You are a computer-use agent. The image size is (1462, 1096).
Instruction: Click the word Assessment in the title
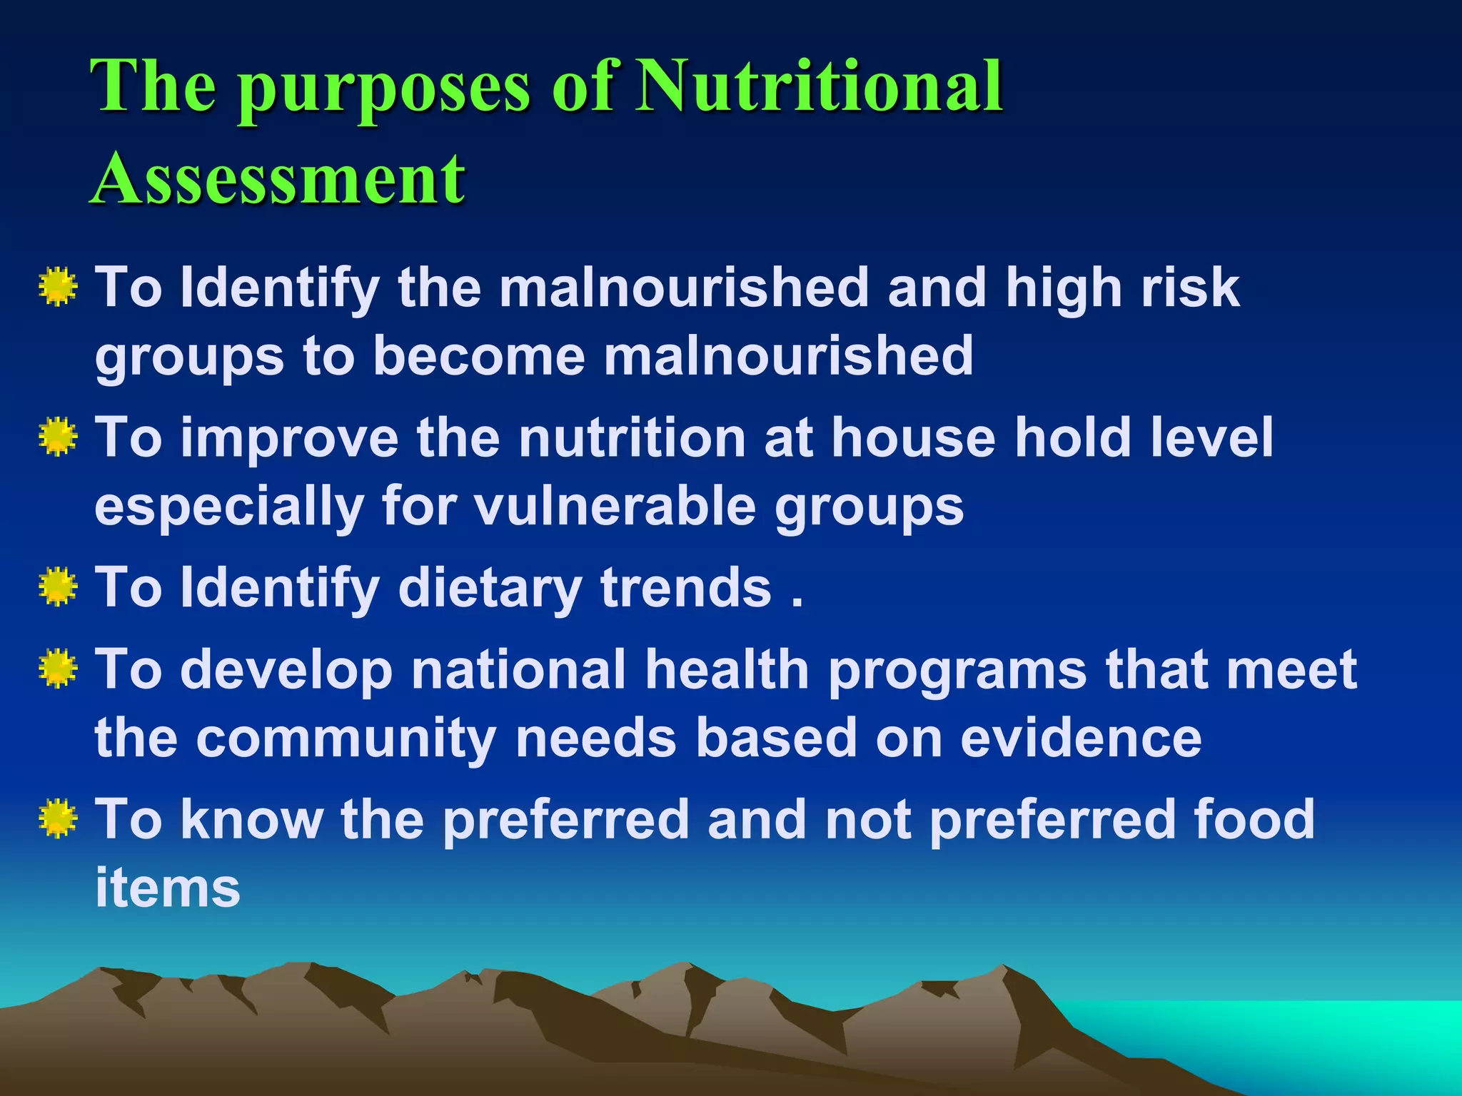point(278,178)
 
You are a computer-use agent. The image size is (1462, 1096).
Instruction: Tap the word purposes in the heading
point(385,89)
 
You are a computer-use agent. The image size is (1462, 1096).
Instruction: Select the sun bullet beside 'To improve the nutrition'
point(58,437)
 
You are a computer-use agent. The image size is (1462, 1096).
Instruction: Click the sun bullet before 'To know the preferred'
point(58,818)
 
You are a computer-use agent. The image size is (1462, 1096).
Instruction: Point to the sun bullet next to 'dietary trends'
point(58,587)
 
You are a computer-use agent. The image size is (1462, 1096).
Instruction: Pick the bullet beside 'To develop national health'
point(58,668)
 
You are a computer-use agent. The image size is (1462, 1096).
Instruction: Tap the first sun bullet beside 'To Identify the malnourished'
point(58,287)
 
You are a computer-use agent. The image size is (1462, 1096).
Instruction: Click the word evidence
point(1081,738)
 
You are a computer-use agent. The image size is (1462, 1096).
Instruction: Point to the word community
point(346,739)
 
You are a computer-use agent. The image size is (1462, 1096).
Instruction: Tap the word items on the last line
point(168,888)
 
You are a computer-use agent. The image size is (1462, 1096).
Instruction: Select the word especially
point(229,507)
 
